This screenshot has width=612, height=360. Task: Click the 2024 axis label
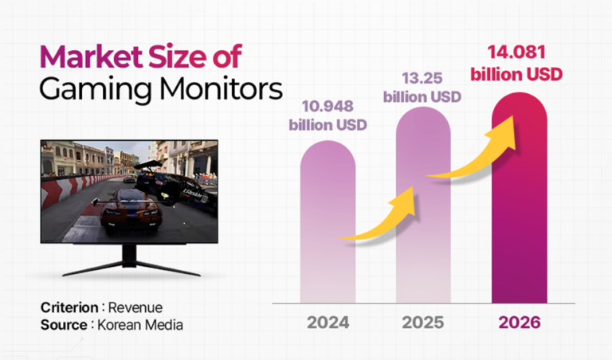tap(328, 323)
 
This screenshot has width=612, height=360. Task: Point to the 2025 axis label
tap(423, 323)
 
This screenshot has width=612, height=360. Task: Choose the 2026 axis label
tap(520, 323)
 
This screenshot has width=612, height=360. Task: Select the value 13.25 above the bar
tap(422, 77)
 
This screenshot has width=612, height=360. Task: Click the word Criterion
tap(68, 308)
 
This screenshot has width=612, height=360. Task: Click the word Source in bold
tap(62, 325)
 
